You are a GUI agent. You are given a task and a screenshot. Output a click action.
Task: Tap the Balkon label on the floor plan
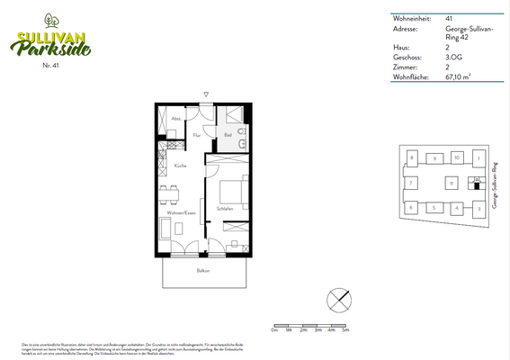(x=204, y=269)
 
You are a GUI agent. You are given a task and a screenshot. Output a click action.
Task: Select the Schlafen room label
(x=225, y=209)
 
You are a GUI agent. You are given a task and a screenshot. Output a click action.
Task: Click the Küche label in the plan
(x=180, y=167)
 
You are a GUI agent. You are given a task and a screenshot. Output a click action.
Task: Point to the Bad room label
(x=228, y=136)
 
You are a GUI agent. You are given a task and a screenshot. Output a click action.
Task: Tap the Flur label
(x=195, y=135)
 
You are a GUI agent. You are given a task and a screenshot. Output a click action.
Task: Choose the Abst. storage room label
(x=176, y=119)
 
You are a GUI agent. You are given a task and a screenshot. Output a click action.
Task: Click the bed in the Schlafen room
(x=234, y=190)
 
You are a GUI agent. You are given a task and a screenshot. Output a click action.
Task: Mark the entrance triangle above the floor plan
(x=206, y=94)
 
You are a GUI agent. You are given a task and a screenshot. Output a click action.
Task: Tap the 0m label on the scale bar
(x=273, y=331)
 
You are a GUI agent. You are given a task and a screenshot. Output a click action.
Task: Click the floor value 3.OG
(x=454, y=58)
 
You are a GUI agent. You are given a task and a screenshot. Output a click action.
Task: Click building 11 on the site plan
(x=451, y=183)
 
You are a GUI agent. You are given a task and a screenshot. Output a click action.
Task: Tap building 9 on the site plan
(x=434, y=157)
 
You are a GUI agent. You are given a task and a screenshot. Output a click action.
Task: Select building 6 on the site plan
(x=411, y=208)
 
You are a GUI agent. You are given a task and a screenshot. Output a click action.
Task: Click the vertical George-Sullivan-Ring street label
(x=496, y=184)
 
